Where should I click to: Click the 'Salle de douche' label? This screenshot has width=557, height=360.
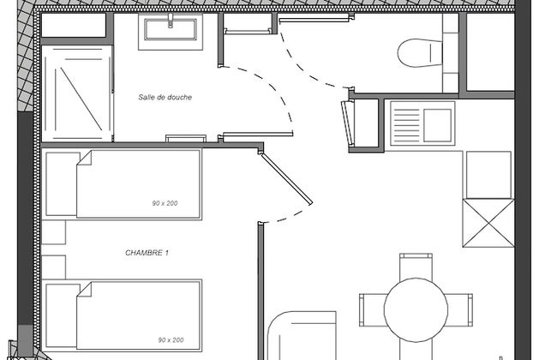click(165, 97)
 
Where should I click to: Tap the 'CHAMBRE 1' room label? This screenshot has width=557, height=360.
click(147, 253)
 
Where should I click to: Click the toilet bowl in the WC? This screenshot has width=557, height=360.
click(420, 53)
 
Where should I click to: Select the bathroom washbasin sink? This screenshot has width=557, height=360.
click(171, 29)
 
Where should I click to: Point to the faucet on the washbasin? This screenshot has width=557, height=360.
click(171, 20)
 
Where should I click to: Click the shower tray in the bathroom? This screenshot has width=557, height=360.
click(77, 93)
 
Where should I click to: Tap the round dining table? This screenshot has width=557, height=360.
click(416, 310)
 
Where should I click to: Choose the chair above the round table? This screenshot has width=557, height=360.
click(416, 266)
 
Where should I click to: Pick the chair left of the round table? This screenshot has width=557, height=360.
click(372, 310)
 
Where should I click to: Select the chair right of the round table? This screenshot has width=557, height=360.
click(459, 310)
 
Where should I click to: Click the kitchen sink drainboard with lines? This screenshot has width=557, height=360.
click(407, 123)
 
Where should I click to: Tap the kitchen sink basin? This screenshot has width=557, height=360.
click(437, 125)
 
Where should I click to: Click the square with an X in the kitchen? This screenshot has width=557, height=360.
click(488, 223)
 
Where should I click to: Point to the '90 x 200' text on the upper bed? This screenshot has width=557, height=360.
click(165, 203)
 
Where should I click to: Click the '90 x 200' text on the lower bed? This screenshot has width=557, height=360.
click(171, 339)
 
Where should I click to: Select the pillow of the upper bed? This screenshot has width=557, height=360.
click(62, 184)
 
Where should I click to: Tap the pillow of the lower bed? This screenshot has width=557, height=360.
click(62, 315)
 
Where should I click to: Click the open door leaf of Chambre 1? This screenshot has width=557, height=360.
click(286, 178)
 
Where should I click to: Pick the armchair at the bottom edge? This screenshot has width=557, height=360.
click(302, 336)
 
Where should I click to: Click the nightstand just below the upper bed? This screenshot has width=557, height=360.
click(54, 232)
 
